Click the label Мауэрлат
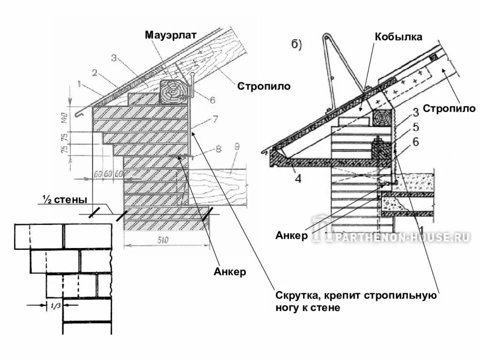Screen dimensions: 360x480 (x=170, y=35)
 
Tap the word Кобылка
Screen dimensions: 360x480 (x=398, y=37)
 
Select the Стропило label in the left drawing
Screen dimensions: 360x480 (x=263, y=86)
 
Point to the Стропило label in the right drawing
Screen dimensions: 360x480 (x=450, y=109)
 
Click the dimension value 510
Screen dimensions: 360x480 (x=162, y=240)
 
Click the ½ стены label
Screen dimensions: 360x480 (x=63, y=200)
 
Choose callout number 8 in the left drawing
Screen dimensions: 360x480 (x=218, y=150)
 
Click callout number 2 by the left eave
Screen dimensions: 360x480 (x=94, y=73)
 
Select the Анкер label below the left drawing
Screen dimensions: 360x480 (x=230, y=272)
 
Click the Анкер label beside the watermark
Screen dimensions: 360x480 (x=292, y=235)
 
